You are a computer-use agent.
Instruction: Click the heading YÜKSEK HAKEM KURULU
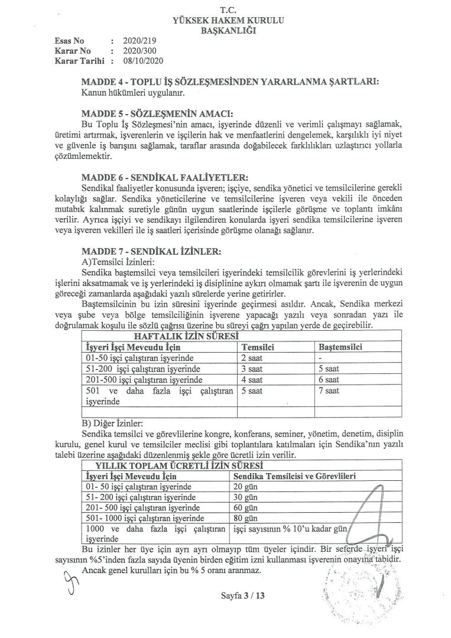(228, 21)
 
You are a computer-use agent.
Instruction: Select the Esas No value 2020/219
(138, 41)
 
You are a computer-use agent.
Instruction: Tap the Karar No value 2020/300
(138, 51)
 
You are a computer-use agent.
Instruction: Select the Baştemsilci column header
(340, 347)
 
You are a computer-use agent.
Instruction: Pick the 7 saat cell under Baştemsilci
(328, 390)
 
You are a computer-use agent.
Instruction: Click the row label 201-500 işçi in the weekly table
(144, 379)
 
